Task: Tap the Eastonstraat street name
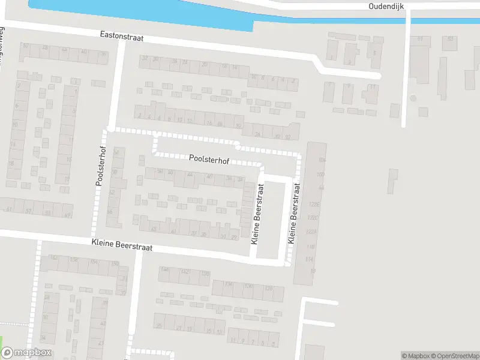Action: point(122,37)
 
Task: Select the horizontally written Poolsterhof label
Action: point(208,159)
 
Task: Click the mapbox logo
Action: point(26,353)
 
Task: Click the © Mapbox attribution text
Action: point(416,356)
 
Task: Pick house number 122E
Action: point(313,205)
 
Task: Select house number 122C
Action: point(312,218)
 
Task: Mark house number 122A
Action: point(311,232)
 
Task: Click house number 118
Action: point(310,247)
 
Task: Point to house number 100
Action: point(320,174)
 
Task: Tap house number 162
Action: point(53,259)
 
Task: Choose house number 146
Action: point(165,270)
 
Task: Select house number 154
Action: point(94,263)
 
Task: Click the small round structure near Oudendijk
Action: point(413,98)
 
